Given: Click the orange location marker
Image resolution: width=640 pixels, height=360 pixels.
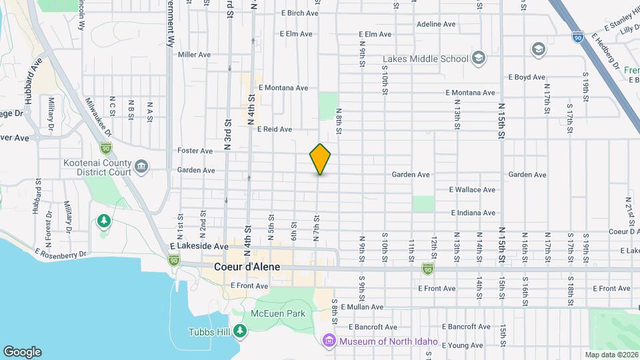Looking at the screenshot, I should coord(321,159).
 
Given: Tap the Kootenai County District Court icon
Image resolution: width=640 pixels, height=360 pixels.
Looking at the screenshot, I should coord(141,166).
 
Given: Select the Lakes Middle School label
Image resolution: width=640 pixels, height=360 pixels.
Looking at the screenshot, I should coord(426,59).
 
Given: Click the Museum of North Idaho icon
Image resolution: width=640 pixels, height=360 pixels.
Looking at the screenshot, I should coord(329,342).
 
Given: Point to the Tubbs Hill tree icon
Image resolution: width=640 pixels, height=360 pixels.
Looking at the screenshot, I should coord(240,331).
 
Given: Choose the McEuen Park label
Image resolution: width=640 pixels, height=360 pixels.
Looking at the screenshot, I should coord(278,313).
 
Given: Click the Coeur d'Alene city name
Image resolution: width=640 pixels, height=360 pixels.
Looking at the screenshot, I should coord(247,267).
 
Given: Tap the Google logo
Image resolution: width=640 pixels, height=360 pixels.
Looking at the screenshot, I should coord(22,351).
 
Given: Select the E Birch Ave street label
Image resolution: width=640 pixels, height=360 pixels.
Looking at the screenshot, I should coord(301,13).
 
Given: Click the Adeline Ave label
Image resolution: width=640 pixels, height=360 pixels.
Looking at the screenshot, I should coord(436,24).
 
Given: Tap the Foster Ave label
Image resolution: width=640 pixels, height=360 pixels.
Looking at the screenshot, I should coord(195,151).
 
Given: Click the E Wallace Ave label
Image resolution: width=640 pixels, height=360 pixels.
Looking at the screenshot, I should coord(473,190).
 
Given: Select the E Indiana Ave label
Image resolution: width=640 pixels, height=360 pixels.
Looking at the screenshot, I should coord(473,213).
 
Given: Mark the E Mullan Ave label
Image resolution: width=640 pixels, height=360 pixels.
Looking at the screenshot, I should coord(362,307).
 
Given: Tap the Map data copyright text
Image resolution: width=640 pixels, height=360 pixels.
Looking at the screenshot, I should coord(611,355).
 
